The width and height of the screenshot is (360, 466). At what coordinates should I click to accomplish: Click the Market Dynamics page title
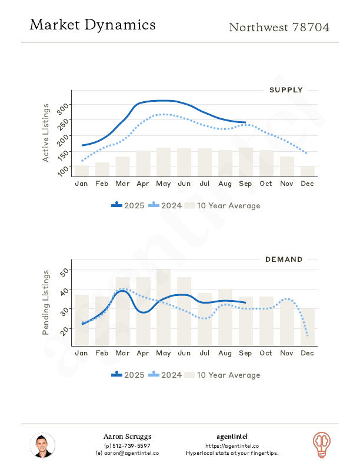click(x=92, y=25)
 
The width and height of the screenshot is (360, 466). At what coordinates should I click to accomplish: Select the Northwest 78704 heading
click(x=279, y=28)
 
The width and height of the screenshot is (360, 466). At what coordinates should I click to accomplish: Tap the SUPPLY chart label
click(x=286, y=90)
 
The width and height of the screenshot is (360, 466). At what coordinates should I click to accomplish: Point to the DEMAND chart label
click(x=284, y=259)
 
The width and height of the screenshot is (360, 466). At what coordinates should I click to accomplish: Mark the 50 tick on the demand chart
click(x=65, y=271)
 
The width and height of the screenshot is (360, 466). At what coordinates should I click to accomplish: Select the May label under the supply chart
click(x=164, y=184)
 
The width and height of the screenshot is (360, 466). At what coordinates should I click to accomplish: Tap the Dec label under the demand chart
click(x=307, y=352)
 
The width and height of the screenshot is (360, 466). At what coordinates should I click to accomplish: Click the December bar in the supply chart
click(x=308, y=171)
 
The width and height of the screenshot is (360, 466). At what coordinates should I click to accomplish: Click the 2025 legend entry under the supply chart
click(x=128, y=205)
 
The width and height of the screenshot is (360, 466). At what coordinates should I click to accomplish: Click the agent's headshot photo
click(x=42, y=446)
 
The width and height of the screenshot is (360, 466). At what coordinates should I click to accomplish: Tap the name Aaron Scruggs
click(x=127, y=437)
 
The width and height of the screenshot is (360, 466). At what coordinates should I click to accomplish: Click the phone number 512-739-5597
click(x=127, y=445)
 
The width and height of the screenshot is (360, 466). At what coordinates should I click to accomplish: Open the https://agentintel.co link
click(x=232, y=445)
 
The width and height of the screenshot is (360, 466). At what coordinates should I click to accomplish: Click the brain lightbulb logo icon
click(x=321, y=444)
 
